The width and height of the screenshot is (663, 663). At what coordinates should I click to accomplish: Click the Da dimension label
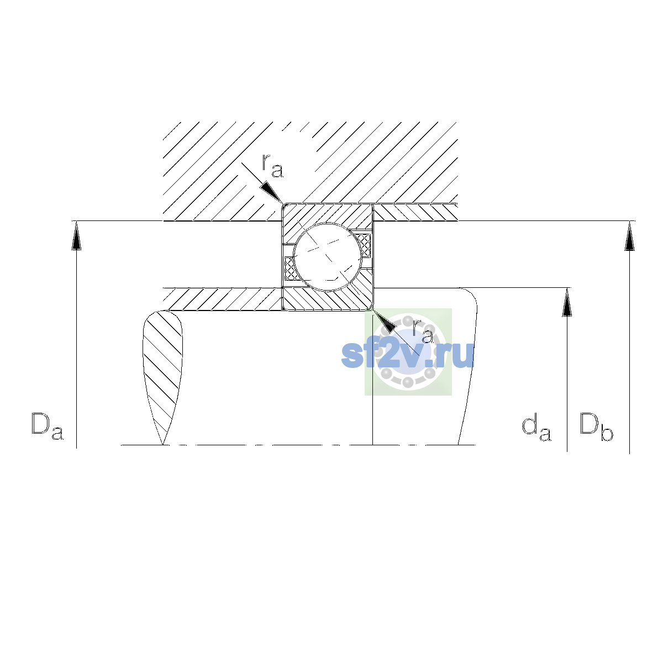(x=48, y=427)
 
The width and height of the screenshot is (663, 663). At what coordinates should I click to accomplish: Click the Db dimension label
(x=596, y=427)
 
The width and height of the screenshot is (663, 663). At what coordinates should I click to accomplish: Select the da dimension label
(x=536, y=428)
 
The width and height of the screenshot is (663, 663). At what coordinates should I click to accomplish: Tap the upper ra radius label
(x=272, y=166)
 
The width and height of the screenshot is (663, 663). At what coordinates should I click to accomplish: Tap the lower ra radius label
(x=423, y=331)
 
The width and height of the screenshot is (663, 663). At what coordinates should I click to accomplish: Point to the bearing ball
(x=328, y=257)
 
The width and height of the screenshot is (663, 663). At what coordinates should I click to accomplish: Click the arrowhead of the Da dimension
(x=76, y=235)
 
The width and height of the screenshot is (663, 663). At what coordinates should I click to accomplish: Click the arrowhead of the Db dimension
(x=629, y=235)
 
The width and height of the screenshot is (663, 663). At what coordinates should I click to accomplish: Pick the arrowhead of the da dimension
(x=567, y=302)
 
